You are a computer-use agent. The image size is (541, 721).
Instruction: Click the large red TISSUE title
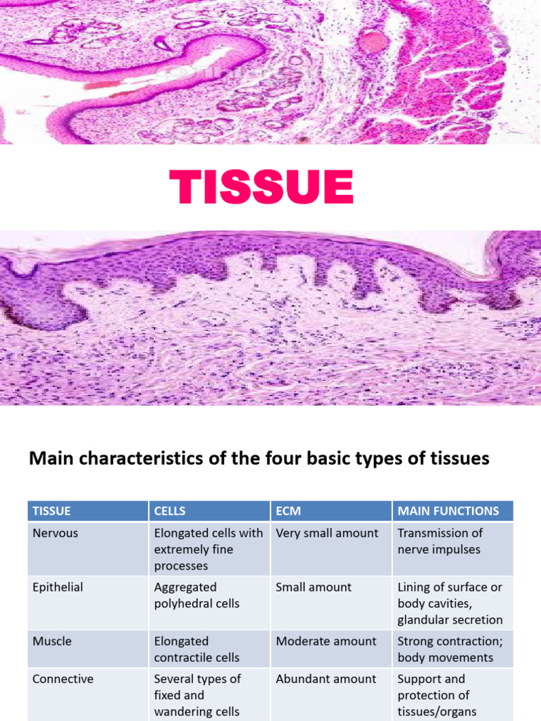click(261, 188)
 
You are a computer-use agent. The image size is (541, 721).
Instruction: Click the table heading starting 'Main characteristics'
click(259, 459)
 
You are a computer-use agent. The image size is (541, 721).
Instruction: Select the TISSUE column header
click(52, 510)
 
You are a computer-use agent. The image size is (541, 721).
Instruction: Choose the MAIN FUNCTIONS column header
click(448, 510)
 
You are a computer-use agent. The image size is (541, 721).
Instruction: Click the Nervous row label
click(56, 533)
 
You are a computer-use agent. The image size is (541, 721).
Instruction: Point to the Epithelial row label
click(58, 587)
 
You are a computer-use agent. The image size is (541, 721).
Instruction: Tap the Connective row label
click(63, 679)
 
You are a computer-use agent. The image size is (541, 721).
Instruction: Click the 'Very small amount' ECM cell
click(327, 533)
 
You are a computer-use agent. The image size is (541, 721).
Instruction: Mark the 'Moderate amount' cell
click(326, 641)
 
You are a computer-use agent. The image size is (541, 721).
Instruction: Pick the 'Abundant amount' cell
click(326, 679)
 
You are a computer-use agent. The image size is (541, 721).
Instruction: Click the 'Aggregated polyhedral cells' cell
click(197, 595)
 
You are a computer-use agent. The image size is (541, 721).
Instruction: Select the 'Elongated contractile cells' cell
click(197, 649)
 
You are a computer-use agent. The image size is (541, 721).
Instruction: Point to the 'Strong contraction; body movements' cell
click(445, 649)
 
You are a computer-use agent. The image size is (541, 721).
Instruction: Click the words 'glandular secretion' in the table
click(450, 620)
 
